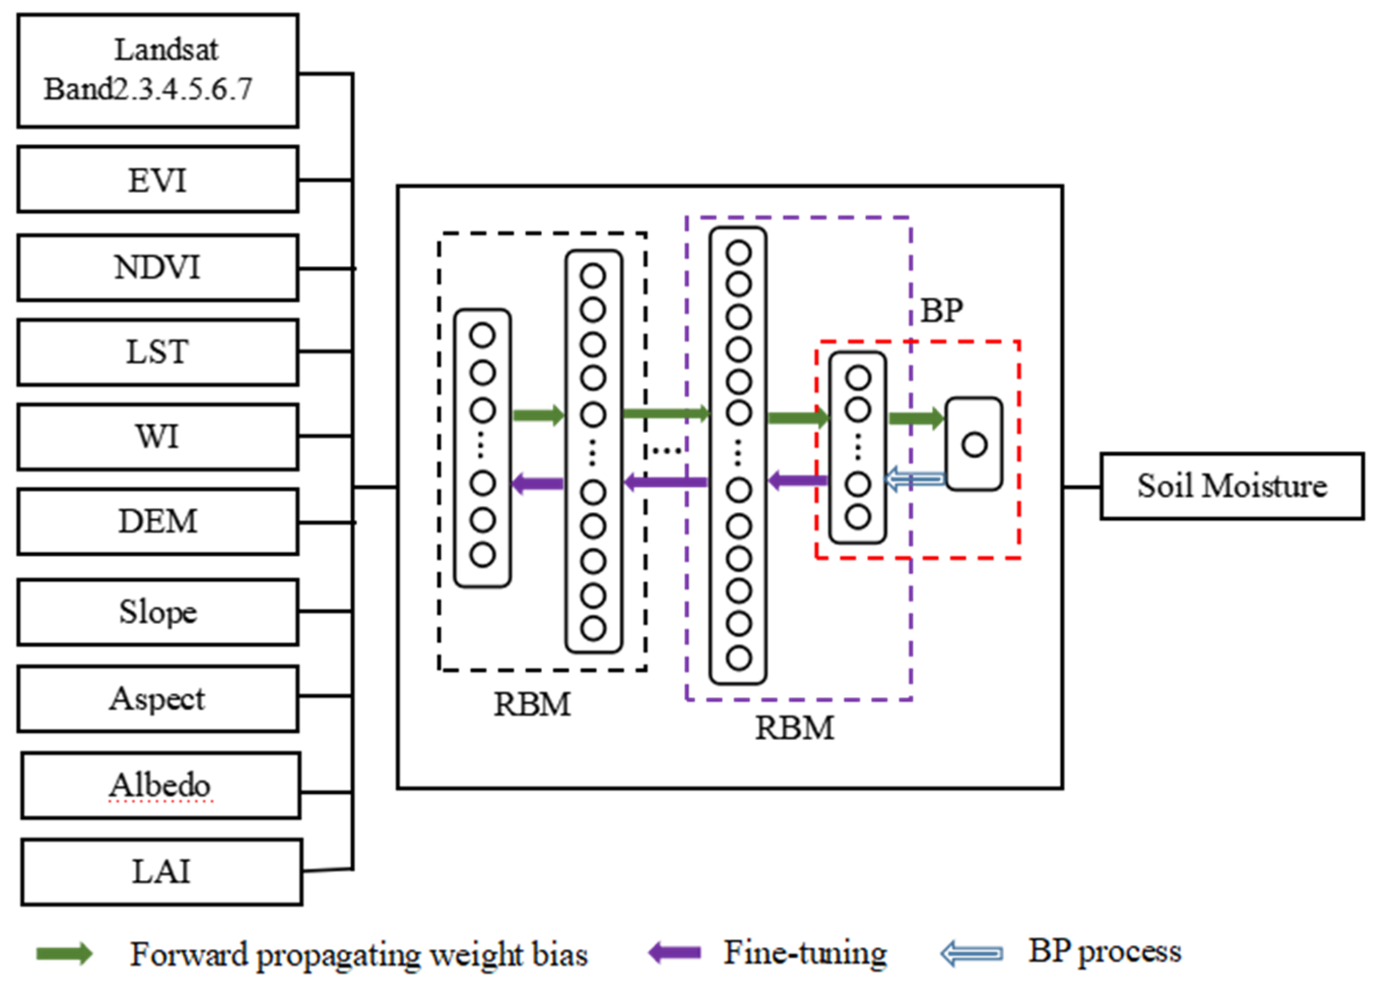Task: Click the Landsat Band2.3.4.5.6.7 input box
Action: [158, 70]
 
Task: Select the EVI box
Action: [158, 180]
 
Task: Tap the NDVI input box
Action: [158, 268]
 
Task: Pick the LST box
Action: [158, 352]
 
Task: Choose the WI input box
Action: [158, 437]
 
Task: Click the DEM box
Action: [158, 521]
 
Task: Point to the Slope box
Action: [158, 612]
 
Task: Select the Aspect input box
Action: [158, 698]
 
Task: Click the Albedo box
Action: [161, 785]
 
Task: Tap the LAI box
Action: [161, 872]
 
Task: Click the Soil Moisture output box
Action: [1232, 486]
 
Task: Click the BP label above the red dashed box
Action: [941, 311]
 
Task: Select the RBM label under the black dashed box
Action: [532, 705]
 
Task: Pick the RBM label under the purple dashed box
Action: [794, 728]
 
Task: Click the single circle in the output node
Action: [974, 445]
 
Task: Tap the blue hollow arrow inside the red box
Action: [915, 479]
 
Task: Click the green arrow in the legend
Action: [64, 954]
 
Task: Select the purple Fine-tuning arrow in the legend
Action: [675, 953]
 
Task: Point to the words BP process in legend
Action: [1105, 951]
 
